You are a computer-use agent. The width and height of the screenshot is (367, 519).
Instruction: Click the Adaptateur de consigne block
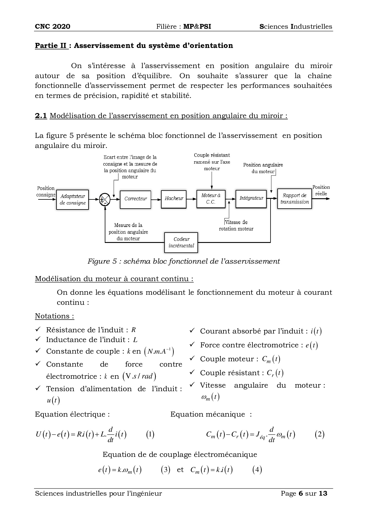tap(73, 200)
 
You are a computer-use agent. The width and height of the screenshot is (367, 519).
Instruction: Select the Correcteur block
tap(135, 199)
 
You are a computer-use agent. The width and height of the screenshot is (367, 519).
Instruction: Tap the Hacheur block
tap(174, 199)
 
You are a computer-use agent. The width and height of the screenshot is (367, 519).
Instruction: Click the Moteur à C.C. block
tap(211, 199)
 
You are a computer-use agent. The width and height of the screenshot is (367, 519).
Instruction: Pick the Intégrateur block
tap(251, 198)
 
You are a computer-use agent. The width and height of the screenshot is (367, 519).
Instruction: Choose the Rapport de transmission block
tap(294, 199)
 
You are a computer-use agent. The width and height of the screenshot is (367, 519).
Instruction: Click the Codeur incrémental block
tap(181, 242)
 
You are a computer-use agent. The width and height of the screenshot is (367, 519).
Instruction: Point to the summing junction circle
tap(104, 199)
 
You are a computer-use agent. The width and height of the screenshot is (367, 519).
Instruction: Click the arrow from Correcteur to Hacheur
tap(156, 199)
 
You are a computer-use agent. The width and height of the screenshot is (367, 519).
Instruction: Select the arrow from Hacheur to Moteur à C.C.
tap(191, 199)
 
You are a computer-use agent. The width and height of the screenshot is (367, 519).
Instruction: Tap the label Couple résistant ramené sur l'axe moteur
tap(212, 162)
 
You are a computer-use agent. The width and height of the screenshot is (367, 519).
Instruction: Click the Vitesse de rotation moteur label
tap(236, 225)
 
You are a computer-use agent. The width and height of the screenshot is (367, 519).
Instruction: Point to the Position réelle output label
tap(321, 190)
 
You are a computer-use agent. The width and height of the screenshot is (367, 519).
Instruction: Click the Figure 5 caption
tap(183, 261)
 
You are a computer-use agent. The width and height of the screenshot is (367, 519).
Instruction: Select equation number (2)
tap(319, 434)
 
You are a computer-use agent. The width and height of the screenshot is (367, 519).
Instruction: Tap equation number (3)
tap(165, 470)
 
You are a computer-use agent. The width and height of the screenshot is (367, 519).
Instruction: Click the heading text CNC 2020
tap(53, 27)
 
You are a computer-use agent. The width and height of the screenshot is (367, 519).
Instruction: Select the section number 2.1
tap(41, 116)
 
